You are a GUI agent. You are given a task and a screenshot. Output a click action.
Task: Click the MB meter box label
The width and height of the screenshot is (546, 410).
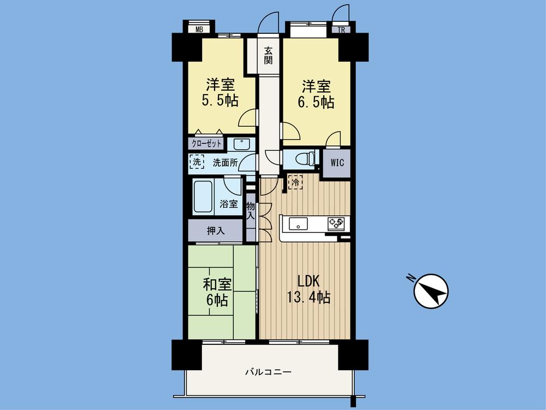click(199, 30)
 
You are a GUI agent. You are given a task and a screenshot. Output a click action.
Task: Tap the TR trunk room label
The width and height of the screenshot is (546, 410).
click(342, 30)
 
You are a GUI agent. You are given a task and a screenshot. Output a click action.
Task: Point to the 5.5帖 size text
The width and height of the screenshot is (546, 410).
click(221, 102)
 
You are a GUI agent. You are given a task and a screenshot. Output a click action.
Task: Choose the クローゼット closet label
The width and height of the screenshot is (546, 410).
click(207, 144)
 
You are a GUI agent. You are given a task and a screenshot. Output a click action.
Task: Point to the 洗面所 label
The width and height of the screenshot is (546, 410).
click(225, 162)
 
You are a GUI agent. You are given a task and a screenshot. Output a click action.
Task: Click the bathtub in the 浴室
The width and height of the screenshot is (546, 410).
click(203, 197)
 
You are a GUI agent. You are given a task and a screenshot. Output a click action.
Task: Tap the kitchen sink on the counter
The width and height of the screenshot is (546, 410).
click(299, 223)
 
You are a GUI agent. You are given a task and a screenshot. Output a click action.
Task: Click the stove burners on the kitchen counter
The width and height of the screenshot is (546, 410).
click(335, 223)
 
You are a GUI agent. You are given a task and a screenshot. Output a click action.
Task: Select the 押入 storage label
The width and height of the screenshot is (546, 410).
click(216, 231)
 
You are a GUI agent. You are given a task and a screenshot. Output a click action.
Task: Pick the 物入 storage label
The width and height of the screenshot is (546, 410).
click(251, 210)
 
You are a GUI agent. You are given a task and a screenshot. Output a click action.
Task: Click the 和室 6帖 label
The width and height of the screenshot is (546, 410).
click(217, 292)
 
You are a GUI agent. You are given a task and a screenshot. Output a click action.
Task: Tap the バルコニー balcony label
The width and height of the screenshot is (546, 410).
click(268, 372)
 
